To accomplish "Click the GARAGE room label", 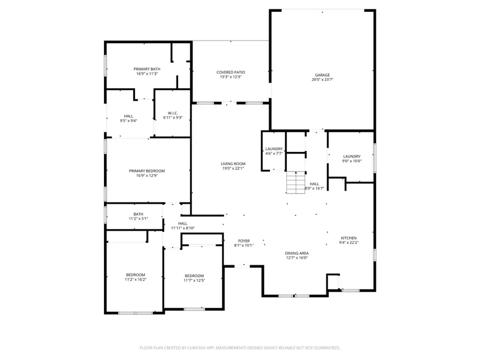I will point(322,75).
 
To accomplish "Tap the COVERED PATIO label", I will point(231,72).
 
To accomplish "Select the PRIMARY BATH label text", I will point(147,69).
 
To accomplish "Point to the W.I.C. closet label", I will point(172,113).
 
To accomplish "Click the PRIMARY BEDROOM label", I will point(147,171).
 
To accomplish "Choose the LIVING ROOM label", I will point(233,164).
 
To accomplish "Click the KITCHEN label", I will point(349,238).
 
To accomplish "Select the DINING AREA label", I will point(297,253).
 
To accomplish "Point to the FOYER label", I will point(243,241).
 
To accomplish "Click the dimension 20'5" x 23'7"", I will point(322,79).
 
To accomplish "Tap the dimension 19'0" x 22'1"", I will point(233,169).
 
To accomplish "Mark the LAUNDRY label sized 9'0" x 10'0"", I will point(351,156).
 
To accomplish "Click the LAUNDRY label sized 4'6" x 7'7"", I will point(274,149).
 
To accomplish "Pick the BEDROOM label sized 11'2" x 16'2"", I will point(135,275).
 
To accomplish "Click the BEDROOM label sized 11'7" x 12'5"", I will point(194,276).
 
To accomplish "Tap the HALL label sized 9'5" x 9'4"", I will point(129,116).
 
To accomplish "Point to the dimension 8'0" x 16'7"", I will point(314,188).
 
